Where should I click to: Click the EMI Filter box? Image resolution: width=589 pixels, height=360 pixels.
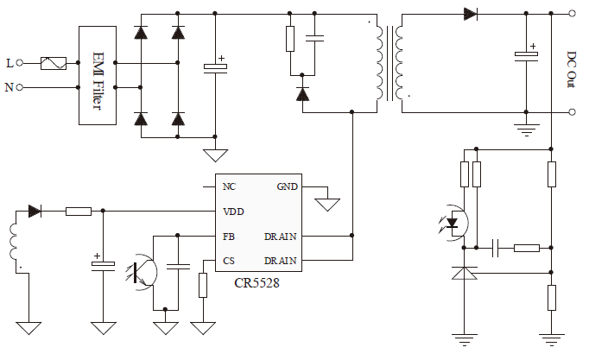(x=97, y=74)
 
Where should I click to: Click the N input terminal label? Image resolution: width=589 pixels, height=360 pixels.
(x=9, y=87)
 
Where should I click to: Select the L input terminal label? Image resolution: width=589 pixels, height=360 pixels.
(x=9, y=63)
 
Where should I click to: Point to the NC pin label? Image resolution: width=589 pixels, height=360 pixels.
(x=229, y=186)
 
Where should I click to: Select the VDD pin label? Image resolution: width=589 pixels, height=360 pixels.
(x=232, y=211)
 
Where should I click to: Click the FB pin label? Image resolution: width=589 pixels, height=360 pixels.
(x=229, y=236)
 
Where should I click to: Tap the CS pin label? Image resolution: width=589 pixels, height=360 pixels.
(x=229, y=260)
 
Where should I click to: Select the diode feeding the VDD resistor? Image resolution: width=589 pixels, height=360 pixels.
(x=35, y=211)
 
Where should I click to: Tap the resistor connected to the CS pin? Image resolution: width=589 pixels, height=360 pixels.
(x=203, y=285)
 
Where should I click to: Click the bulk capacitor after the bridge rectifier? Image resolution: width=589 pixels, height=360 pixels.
(x=215, y=67)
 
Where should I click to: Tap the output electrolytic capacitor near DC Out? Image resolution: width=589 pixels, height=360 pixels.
(x=526, y=55)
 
